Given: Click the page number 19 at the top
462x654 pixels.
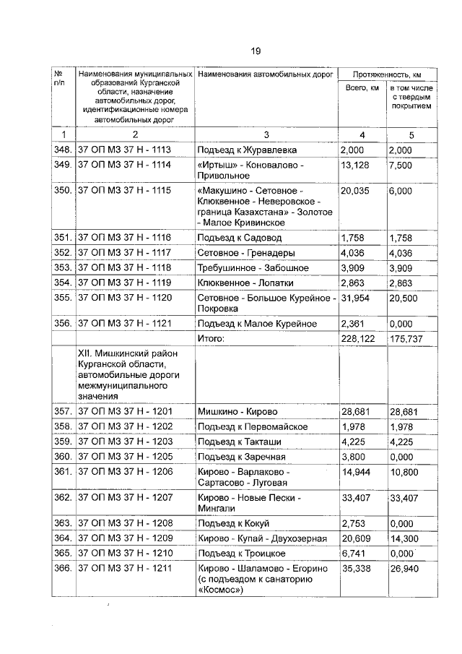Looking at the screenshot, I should click(x=255, y=50).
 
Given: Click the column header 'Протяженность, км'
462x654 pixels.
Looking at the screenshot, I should click(x=386, y=74).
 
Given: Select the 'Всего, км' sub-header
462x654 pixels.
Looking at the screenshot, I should click(x=362, y=87).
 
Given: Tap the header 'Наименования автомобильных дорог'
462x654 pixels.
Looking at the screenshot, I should click(x=265, y=74).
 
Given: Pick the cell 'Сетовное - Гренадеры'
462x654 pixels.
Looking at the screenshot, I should click(x=246, y=253).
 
